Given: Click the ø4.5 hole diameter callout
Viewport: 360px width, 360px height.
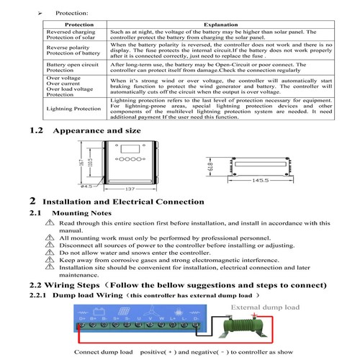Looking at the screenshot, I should pyautogui.click(x=86, y=186).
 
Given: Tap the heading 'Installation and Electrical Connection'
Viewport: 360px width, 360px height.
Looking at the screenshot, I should pyautogui.click(x=123, y=202).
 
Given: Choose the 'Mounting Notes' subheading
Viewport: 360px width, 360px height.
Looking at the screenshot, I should pyautogui.click(x=79, y=214).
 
